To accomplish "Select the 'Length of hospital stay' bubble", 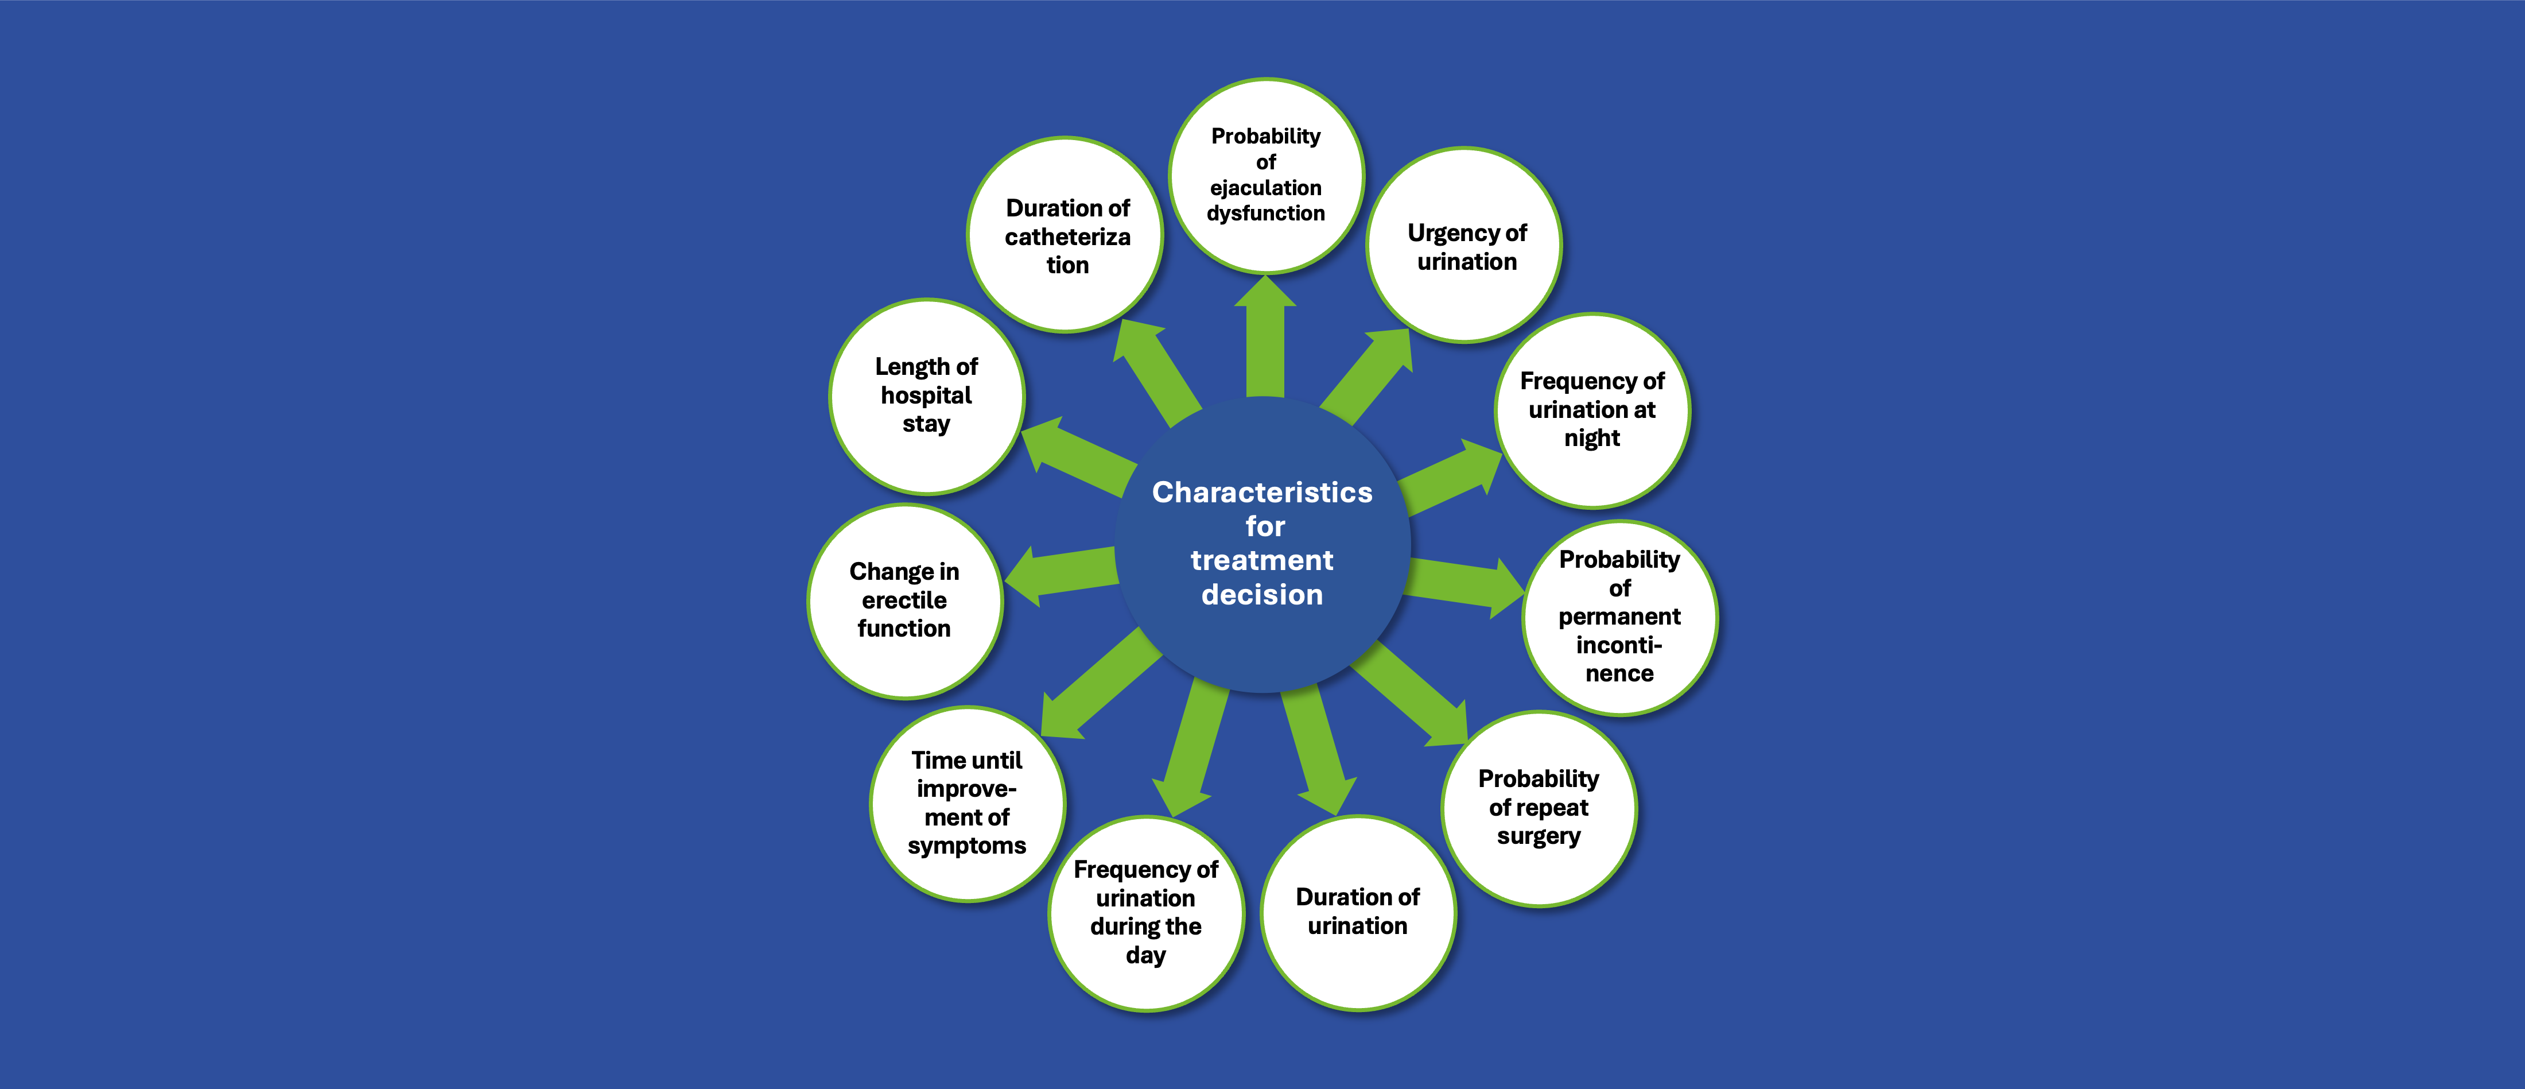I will point(926,396).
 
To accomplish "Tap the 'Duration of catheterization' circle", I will point(1066,235).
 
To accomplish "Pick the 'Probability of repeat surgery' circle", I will point(1538,809).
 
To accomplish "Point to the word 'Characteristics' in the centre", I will point(1261,492).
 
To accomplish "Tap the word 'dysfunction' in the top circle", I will point(1265,214).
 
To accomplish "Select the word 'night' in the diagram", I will point(1592,438).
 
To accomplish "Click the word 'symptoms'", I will point(966,846).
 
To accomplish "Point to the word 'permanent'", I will point(1619,617).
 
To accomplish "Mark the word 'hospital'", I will point(926,395).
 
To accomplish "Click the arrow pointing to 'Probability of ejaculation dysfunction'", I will point(1265,338).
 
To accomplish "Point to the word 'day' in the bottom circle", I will point(1145,956).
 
